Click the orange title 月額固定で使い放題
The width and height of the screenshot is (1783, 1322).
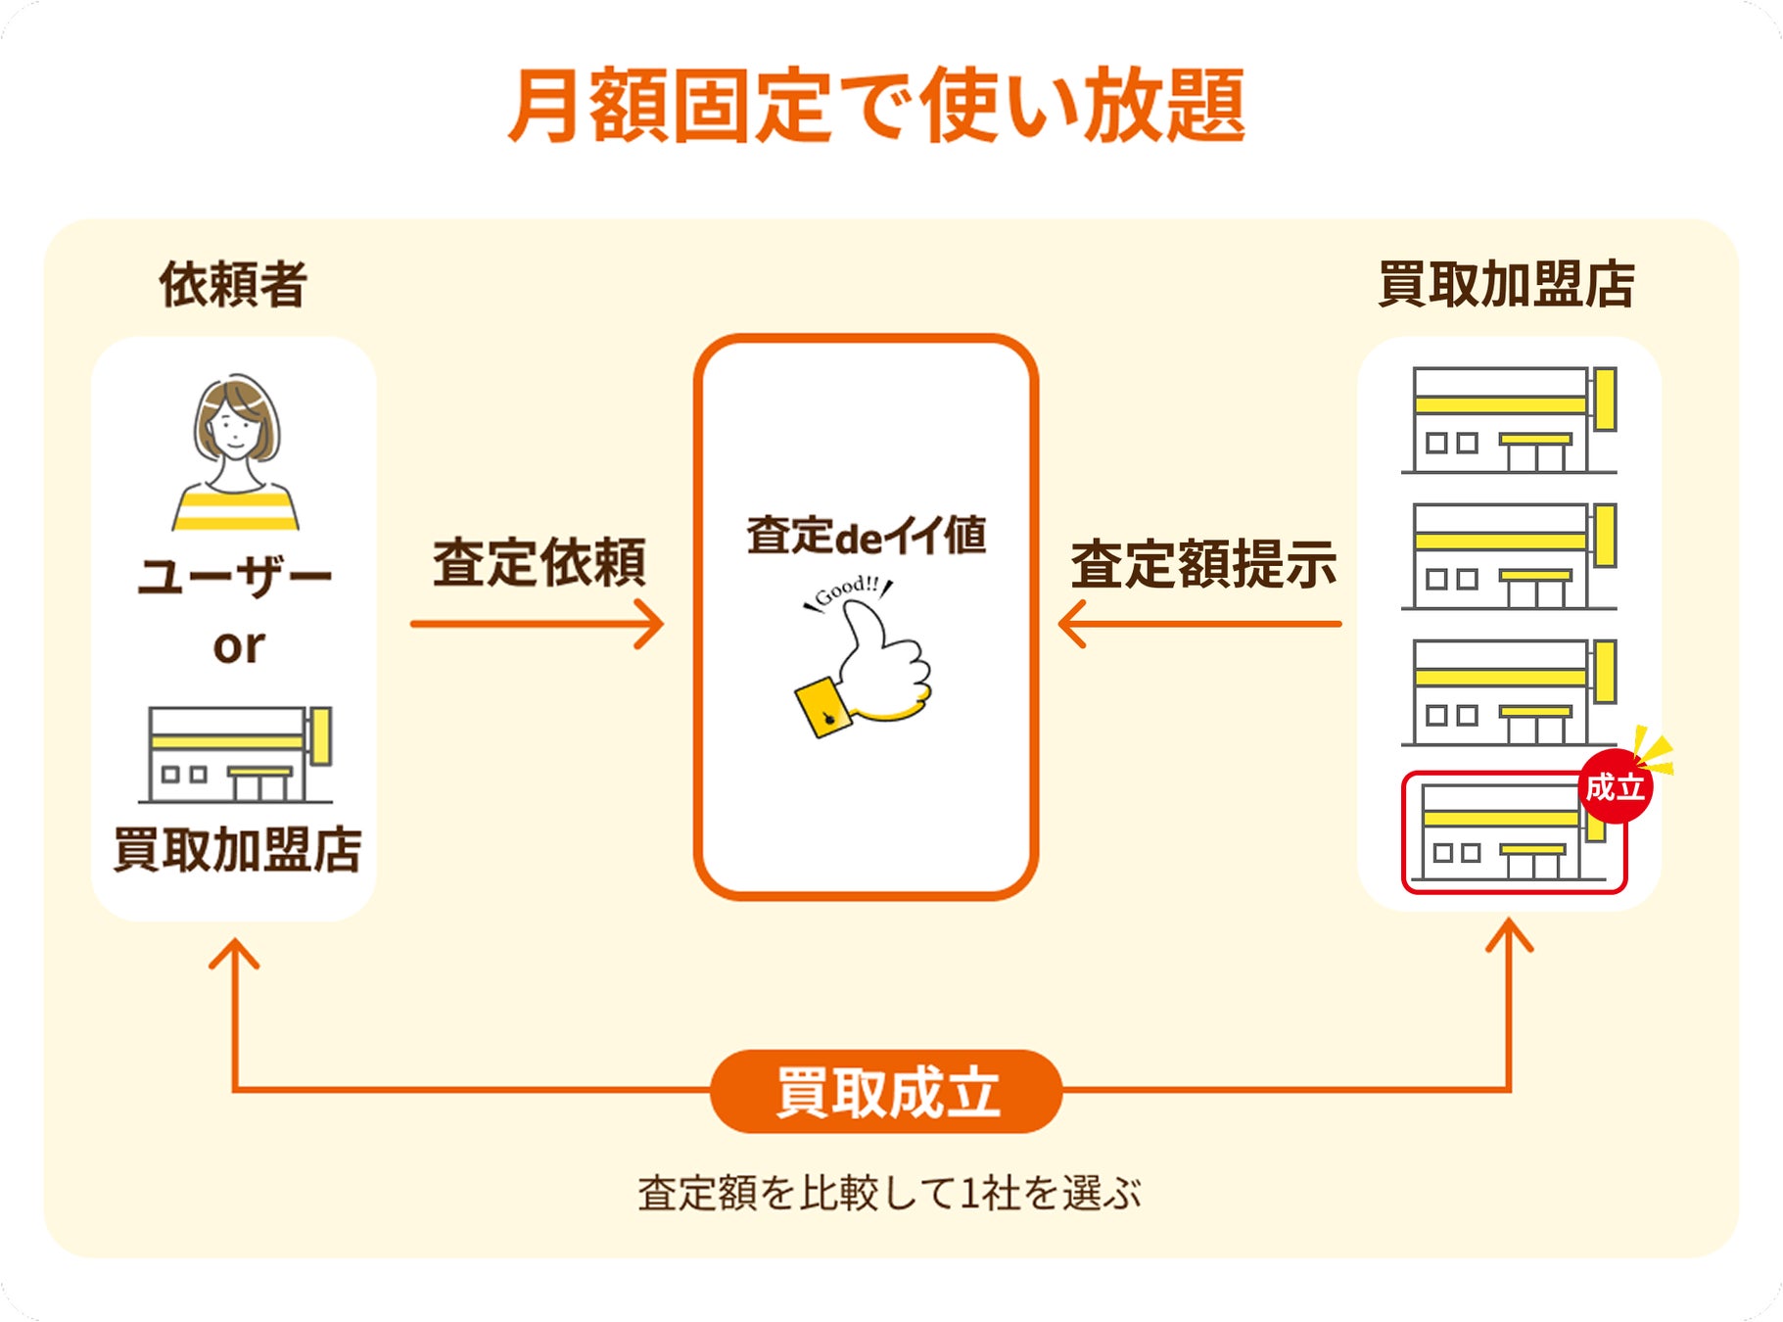coord(876,106)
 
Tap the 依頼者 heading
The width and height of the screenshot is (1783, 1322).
coord(233,285)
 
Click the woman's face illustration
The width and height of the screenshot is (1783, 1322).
coord(235,426)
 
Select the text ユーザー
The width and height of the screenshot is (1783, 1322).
coord(235,576)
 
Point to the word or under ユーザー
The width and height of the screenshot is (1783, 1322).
coord(239,646)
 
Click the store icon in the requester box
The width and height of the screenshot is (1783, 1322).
coord(236,754)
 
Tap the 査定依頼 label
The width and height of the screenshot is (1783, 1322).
coord(540,562)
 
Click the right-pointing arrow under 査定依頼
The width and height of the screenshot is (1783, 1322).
coord(538,624)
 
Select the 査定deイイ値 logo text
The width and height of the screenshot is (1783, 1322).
coord(867,536)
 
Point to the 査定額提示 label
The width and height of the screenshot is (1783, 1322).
coord(1203,564)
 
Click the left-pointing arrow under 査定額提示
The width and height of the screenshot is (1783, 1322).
coord(1199,624)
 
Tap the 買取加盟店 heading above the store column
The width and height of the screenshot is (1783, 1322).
coord(1506,285)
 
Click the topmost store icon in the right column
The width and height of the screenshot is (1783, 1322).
coord(1509,420)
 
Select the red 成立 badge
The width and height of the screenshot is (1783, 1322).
coord(1616,786)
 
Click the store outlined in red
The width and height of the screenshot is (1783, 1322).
coord(1514,832)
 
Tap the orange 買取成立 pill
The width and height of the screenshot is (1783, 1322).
coord(886,1092)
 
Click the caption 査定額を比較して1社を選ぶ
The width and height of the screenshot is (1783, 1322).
coord(889,1194)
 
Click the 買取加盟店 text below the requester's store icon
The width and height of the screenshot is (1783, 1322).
coord(237,849)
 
